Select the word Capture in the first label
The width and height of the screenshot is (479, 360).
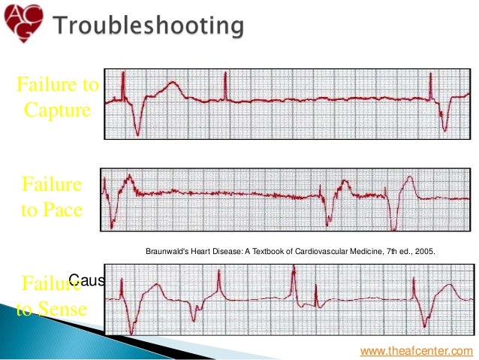pyautogui.click(x=57, y=110)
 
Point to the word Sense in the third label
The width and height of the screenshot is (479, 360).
pyautogui.click(x=68, y=309)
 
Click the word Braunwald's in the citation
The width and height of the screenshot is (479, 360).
pyautogui.click(x=161, y=250)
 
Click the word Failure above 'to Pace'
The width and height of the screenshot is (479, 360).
pyautogui.click(x=53, y=183)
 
